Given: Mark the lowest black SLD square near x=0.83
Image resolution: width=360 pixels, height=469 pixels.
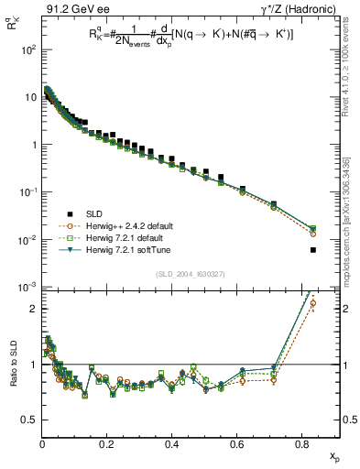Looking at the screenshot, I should [x=313, y=249].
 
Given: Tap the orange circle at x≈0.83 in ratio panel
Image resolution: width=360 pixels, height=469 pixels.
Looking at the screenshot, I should [x=313, y=303].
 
